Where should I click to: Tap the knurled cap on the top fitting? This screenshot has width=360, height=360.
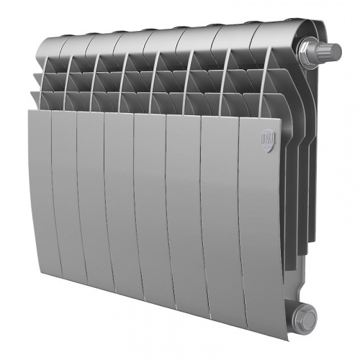(x=332, y=50)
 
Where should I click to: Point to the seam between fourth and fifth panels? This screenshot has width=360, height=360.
(x=134, y=202)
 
